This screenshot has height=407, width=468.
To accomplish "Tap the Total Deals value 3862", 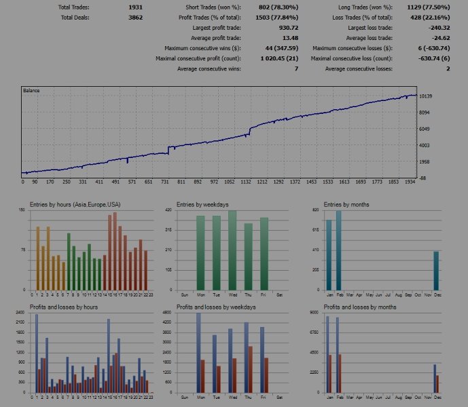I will pyautogui.click(x=135, y=17).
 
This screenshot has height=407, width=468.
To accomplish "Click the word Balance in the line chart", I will pyautogui.click(x=31, y=90).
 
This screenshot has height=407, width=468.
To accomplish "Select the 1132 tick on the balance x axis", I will pyautogui.click(x=246, y=182).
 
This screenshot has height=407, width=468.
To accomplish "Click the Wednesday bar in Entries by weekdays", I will pyautogui.click(x=232, y=250).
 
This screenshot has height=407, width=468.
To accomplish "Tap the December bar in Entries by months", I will pyautogui.click(x=436, y=271).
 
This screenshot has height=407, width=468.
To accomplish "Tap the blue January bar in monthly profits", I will pyautogui.click(x=327, y=354).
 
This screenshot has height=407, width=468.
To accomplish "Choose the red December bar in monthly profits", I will pyautogui.click(x=437, y=384).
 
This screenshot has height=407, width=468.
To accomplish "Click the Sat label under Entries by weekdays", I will pyautogui.click(x=280, y=294).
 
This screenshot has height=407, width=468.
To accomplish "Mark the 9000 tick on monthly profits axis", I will pyautogui.click(x=314, y=313).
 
